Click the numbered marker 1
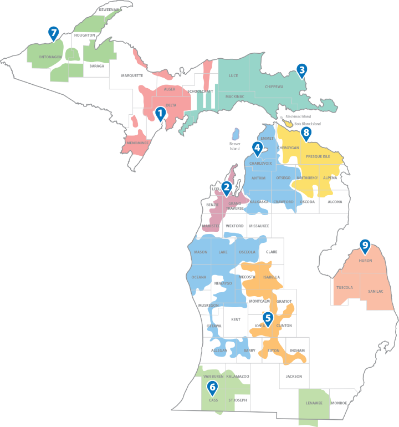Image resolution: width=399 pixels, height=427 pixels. (x=160, y=114)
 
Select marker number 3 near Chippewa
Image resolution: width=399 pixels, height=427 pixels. (x=301, y=70)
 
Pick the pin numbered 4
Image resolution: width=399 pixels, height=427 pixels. (x=257, y=149)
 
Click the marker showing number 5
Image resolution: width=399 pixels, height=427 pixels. (x=268, y=318)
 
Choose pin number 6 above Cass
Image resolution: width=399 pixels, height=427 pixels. (x=212, y=387)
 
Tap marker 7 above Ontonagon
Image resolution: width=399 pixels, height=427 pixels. (x=53, y=33)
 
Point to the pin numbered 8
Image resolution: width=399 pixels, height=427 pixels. (x=305, y=134)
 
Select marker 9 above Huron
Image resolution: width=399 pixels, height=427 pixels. (x=365, y=245)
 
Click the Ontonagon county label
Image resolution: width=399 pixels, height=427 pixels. (x=50, y=57)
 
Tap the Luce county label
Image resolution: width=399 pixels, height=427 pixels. (x=233, y=75)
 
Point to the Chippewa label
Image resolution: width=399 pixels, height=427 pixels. (x=274, y=87)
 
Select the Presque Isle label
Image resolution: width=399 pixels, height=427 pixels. (x=318, y=156)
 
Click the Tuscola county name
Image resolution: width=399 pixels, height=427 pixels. (x=345, y=287)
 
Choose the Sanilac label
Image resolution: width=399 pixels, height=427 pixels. (x=375, y=291)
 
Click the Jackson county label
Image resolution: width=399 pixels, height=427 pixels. (x=294, y=377)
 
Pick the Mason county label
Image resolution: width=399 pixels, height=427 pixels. (x=201, y=252)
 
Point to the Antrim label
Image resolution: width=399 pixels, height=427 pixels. (x=258, y=178)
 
